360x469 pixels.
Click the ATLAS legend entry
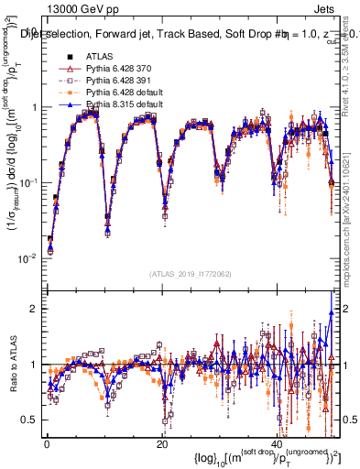pos(99,58)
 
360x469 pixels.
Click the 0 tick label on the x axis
pos(46,444)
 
